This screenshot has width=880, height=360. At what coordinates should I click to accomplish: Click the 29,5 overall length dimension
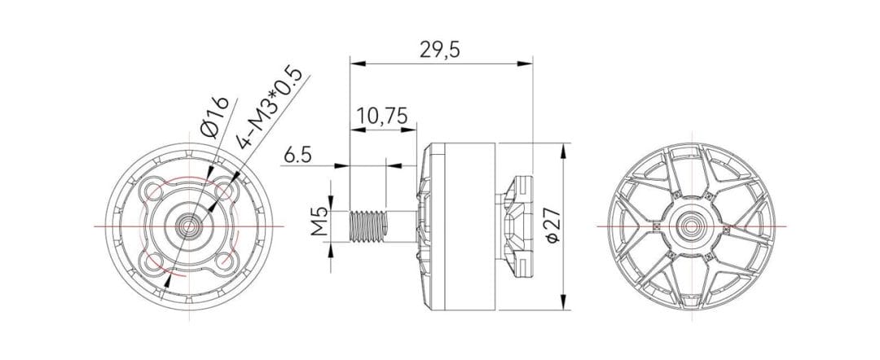(x=440, y=49)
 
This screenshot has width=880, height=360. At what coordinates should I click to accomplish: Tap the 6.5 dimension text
(x=298, y=155)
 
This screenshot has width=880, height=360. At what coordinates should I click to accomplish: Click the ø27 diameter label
(x=551, y=225)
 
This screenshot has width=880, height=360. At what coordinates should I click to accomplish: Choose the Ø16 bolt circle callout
(x=214, y=117)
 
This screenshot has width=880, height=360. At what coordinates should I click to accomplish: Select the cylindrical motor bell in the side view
(x=460, y=226)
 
